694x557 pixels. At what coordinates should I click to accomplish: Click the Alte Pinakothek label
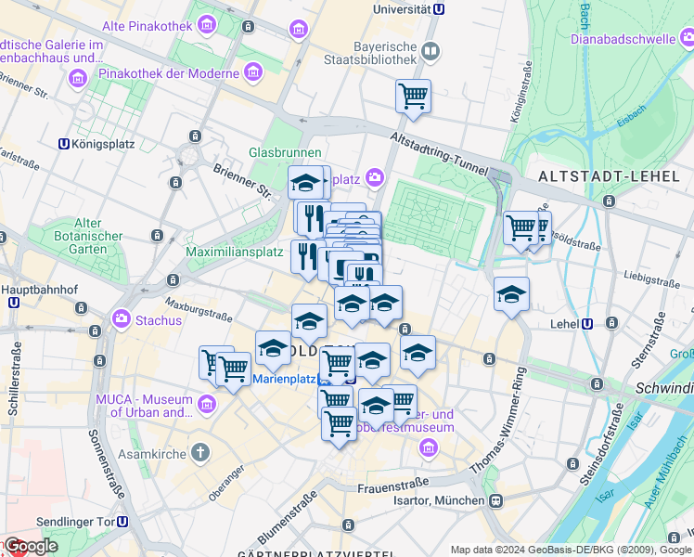148,26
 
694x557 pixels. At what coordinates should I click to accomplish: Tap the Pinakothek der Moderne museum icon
253,72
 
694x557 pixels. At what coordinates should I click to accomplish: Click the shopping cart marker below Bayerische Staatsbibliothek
413,96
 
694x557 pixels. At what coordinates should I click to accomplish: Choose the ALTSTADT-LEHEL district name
610,175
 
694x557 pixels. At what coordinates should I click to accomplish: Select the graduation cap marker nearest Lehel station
511,294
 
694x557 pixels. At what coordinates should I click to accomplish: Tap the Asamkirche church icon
202,452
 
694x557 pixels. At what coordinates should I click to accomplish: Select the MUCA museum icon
206,404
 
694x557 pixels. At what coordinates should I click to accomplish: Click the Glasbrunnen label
285,152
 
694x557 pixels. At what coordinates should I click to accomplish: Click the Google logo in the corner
30,546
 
